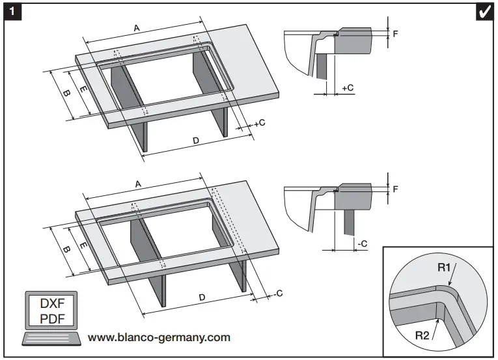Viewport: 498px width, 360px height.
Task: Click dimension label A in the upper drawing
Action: click(x=137, y=28)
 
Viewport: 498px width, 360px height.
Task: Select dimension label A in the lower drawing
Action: click(x=138, y=185)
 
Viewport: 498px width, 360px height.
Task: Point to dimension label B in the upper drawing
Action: click(x=66, y=92)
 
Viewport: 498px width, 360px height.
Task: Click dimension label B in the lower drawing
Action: click(x=66, y=249)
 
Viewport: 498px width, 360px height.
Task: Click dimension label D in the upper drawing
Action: click(x=196, y=140)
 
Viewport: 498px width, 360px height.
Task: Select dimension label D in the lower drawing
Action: click(x=202, y=297)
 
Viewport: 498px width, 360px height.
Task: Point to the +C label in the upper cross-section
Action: click(x=347, y=87)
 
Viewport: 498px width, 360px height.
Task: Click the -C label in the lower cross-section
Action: click(x=362, y=243)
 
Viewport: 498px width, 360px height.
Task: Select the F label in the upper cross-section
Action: click(x=395, y=33)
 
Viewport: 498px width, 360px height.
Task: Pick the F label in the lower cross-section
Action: click(x=395, y=189)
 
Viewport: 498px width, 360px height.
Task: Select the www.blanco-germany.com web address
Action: click(x=159, y=337)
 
